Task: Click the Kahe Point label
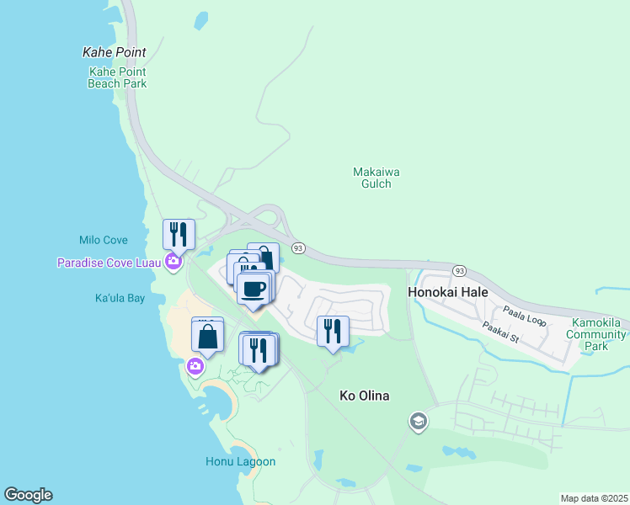coord(114,52)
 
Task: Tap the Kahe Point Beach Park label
coord(118,77)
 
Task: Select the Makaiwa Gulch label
coord(376,178)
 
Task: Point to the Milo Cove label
coord(102,240)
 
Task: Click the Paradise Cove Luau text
coord(109,263)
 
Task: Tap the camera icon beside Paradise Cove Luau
coord(174,262)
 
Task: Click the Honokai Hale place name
coord(448,292)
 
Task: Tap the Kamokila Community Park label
coord(598,334)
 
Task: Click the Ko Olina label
coord(364,395)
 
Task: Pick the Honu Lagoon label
coord(240,461)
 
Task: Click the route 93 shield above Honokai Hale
coord(458,270)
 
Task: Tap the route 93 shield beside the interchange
coord(298,247)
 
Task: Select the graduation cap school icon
coord(419,422)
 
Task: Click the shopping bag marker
coord(208,337)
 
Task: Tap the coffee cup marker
coord(254,289)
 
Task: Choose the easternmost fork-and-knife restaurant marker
coord(333,331)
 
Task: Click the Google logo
coord(28,495)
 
